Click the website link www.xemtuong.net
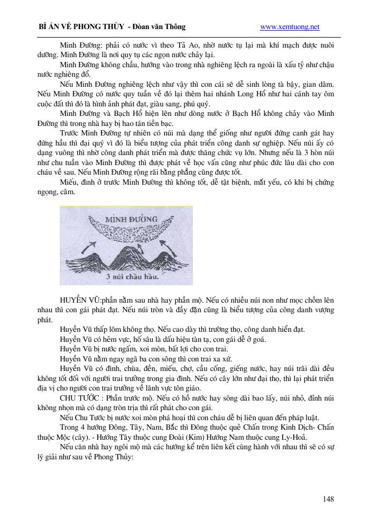tap(290, 27)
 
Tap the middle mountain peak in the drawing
tap(125, 253)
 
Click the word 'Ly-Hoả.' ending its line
tap(296, 437)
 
